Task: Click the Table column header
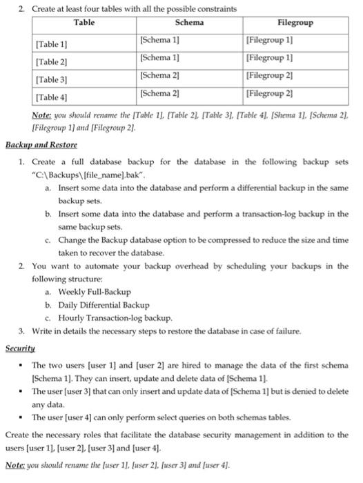coord(84,23)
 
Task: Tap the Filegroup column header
coord(295,23)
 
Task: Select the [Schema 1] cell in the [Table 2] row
coord(160,57)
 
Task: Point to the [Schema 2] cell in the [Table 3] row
coord(160,75)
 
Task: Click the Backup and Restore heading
coord(41,146)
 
